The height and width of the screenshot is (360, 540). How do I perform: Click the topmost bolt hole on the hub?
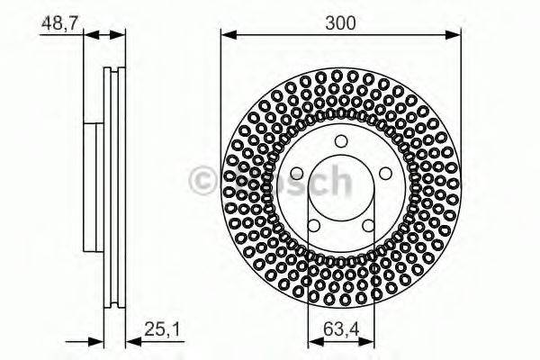tap(340, 141)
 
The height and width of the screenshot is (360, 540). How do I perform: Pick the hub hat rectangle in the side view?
tap(94, 188)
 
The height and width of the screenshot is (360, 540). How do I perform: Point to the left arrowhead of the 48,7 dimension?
tap(88, 36)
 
